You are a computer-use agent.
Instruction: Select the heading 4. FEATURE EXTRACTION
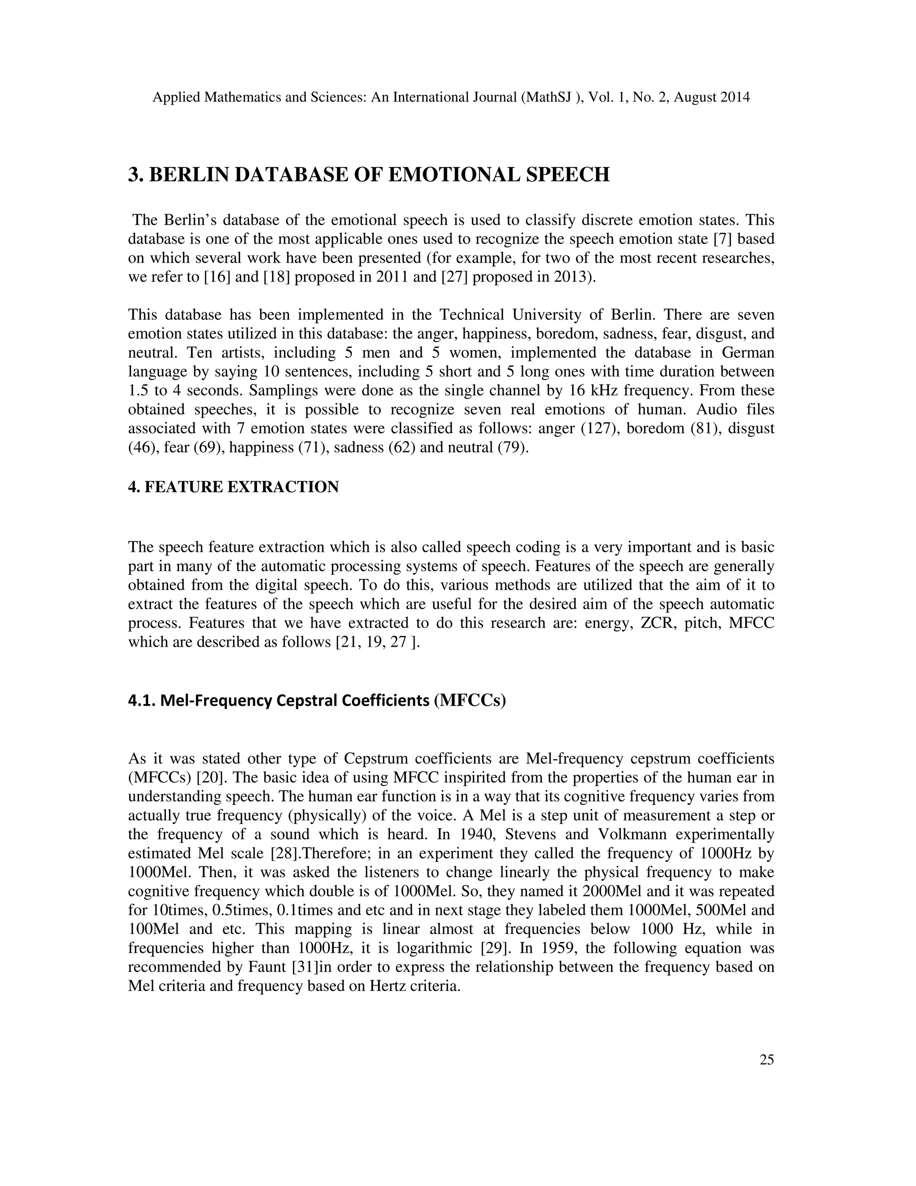tap(233, 487)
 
